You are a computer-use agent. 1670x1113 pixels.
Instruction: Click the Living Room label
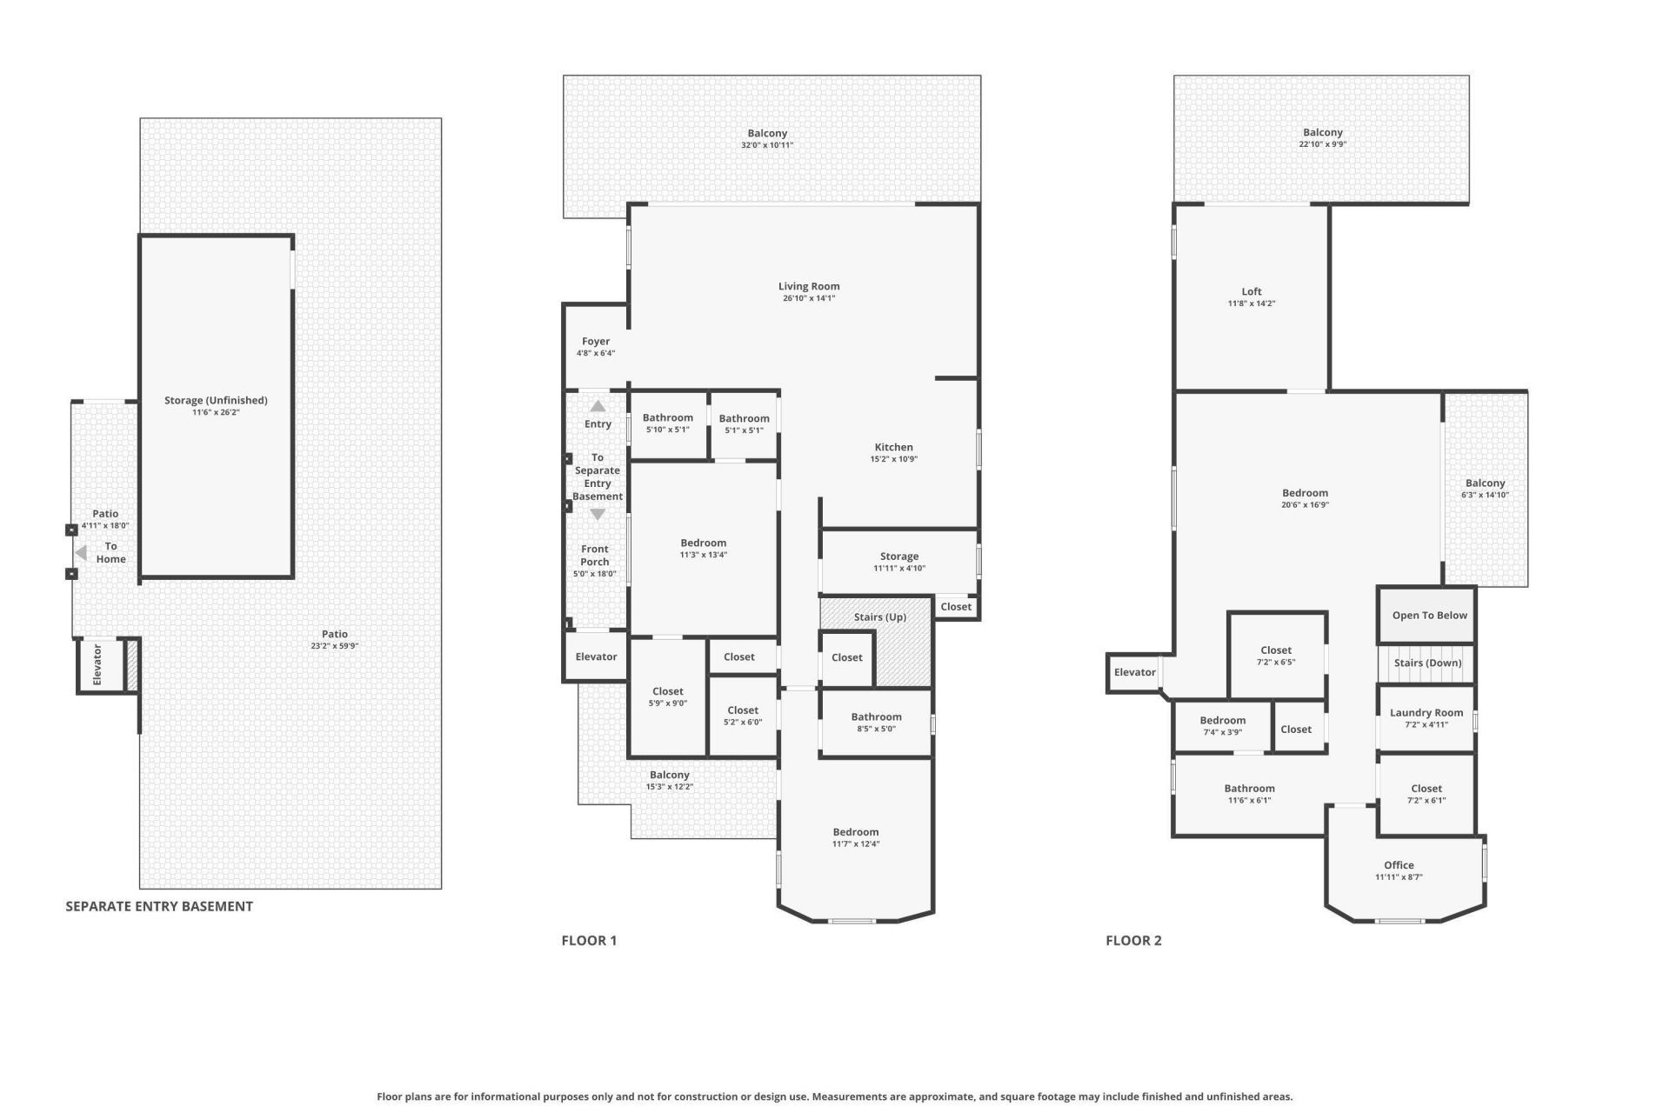[808, 286]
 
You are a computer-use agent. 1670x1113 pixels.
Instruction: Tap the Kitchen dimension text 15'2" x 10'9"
[893, 459]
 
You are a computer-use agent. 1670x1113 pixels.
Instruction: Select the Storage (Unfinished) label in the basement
[216, 400]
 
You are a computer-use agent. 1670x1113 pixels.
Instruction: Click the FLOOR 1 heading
[589, 940]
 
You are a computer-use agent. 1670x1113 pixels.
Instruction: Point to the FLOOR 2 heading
[1133, 940]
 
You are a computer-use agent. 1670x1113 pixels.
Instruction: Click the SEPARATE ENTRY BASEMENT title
[159, 906]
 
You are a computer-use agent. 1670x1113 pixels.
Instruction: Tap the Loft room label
[1251, 291]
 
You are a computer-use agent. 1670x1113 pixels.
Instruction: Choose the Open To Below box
[1428, 615]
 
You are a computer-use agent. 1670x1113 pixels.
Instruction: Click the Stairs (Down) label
[1427, 663]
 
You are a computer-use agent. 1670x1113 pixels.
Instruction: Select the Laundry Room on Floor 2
[1426, 717]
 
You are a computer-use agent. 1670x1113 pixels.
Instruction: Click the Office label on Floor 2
[1398, 865]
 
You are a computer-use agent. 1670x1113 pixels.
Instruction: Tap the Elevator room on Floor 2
[1134, 672]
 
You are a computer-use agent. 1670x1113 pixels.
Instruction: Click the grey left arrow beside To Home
[81, 553]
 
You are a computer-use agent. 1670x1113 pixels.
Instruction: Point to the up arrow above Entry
[598, 406]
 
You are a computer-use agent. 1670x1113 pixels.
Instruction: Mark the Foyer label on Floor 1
[596, 342]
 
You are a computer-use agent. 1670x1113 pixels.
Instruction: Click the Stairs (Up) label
[879, 616]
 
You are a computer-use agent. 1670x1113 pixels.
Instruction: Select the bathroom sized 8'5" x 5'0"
[876, 723]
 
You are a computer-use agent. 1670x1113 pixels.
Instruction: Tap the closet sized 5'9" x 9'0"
[667, 697]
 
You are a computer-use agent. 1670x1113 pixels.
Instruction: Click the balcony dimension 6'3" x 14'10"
[1485, 495]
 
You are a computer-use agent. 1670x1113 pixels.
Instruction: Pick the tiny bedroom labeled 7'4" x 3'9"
[1222, 725]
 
